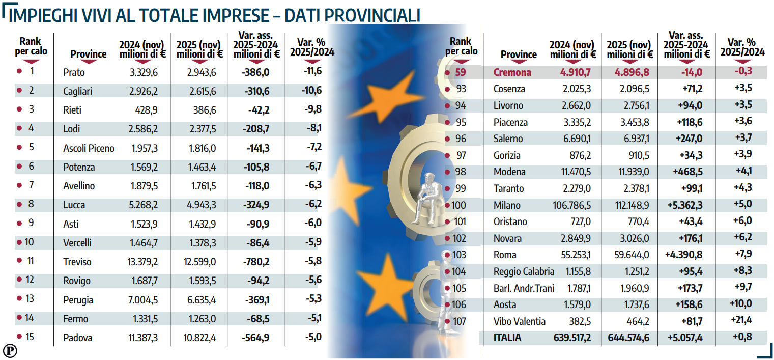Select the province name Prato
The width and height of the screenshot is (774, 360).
coord(74,72)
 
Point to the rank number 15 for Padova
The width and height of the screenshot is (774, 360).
coord(30,337)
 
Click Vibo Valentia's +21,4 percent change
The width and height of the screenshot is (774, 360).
coord(742,320)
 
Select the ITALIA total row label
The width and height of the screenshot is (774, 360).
coord(507,338)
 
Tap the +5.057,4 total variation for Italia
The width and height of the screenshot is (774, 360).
coord(685,338)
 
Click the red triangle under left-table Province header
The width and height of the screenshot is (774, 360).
coord(88,62)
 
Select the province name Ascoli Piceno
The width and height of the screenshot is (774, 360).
coord(89,148)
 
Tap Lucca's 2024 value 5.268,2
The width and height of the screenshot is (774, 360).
coord(144,205)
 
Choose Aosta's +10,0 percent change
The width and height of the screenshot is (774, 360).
coord(742,304)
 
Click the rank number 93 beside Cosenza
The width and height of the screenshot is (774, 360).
coord(461,89)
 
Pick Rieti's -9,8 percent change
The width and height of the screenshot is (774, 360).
coord(312,110)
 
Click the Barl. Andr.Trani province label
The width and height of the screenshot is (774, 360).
coord(524,288)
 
